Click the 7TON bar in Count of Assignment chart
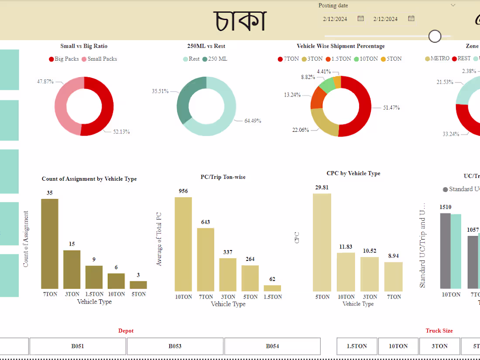point(50,243)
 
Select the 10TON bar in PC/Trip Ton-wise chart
point(183,244)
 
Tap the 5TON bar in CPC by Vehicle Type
point(322,242)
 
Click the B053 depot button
point(175,346)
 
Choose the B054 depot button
point(272,346)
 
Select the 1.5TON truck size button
point(357,346)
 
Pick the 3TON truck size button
point(439,346)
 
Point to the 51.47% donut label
point(391,107)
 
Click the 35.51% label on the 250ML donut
point(160,91)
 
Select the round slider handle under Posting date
point(435,36)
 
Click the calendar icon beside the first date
point(360,18)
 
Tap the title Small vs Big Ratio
point(84,46)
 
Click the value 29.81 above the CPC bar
point(322,187)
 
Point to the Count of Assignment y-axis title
point(26,239)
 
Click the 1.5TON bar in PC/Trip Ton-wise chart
point(272,288)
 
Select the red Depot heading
point(126,331)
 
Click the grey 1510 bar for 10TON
point(445,251)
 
